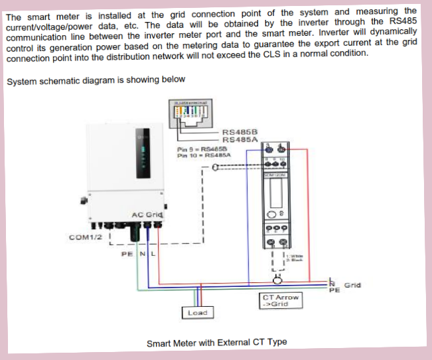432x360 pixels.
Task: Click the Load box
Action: pyautogui.click(x=196, y=312)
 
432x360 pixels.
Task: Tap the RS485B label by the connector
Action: pyautogui.click(x=240, y=132)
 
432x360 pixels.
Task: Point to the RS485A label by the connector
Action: pyautogui.click(x=240, y=139)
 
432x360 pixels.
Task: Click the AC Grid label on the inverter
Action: pyautogui.click(x=147, y=214)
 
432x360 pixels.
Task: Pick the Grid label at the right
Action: pyautogui.click(x=353, y=285)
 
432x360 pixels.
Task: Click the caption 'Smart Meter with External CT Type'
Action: pyautogui.click(x=216, y=342)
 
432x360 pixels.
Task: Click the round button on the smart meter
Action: pyautogui.click(x=271, y=214)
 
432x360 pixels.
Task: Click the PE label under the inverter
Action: pyautogui.click(x=126, y=253)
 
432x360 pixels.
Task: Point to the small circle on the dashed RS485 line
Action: pyautogui.click(x=215, y=167)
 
